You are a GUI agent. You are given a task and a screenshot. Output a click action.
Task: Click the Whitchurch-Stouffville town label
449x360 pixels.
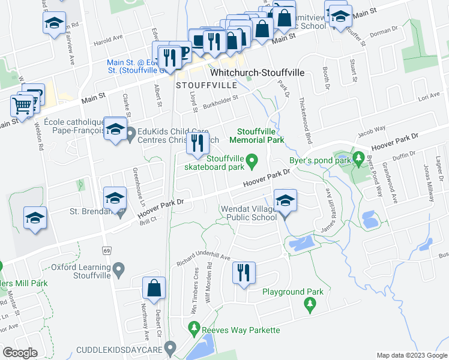[x=257, y=73]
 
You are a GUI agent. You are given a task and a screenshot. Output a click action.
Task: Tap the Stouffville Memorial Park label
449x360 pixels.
[x=259, y=136]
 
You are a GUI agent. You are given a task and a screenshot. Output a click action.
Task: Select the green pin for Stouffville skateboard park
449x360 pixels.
[x=253, y=160]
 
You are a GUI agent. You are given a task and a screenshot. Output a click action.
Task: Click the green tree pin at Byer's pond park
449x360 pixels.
[x=359, y=158]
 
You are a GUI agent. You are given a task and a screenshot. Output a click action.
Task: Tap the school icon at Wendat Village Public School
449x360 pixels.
[x=285, y=199]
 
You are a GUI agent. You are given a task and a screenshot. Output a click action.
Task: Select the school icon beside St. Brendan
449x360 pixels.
[x=115, y=198]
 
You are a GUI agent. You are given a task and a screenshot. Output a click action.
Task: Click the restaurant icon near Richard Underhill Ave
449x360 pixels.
[x=244, y=272]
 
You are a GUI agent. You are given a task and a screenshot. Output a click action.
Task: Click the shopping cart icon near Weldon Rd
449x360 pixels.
[x=22, y=106]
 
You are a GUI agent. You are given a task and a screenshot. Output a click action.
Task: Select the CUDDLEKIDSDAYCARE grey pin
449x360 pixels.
[x=171, y=346]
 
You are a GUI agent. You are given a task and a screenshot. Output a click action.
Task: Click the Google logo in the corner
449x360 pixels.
[x=20, y=353]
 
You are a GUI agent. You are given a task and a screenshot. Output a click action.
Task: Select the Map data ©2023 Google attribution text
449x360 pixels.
[x=412, y=355]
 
